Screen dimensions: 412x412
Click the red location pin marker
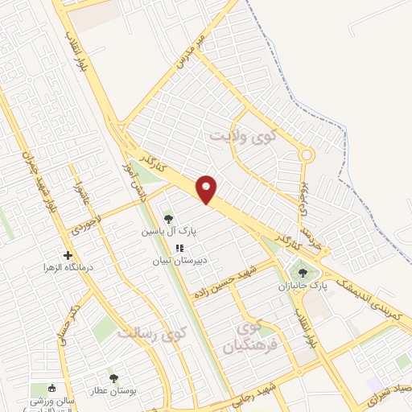208,188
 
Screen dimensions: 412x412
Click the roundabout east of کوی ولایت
306,155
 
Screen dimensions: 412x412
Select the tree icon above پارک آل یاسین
168,218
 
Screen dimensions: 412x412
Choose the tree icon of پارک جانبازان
303,273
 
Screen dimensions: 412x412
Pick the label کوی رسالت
151,332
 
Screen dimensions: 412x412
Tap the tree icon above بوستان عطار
113,376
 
